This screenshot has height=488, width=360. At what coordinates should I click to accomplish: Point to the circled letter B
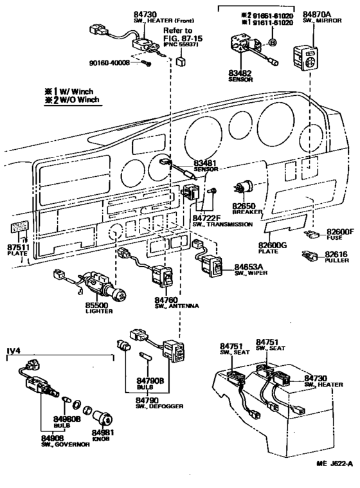pos(273,43)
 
